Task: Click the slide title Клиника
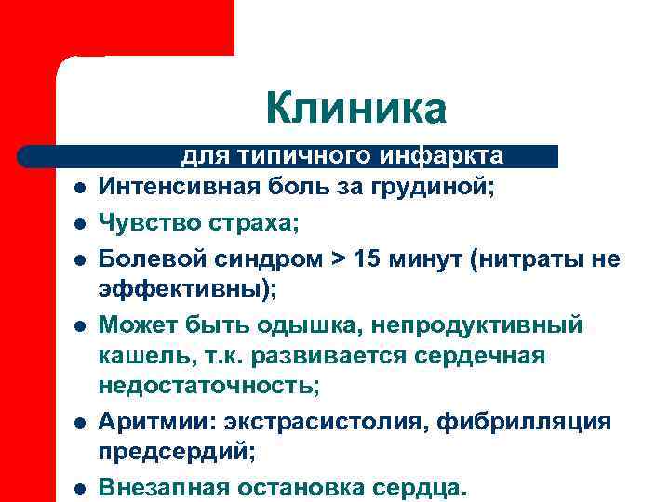click(355, 108)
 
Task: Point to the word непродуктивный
click(482, 324)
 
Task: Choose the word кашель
click(144, 355)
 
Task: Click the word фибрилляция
click(534, 421)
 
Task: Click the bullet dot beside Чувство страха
click(81, 224)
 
